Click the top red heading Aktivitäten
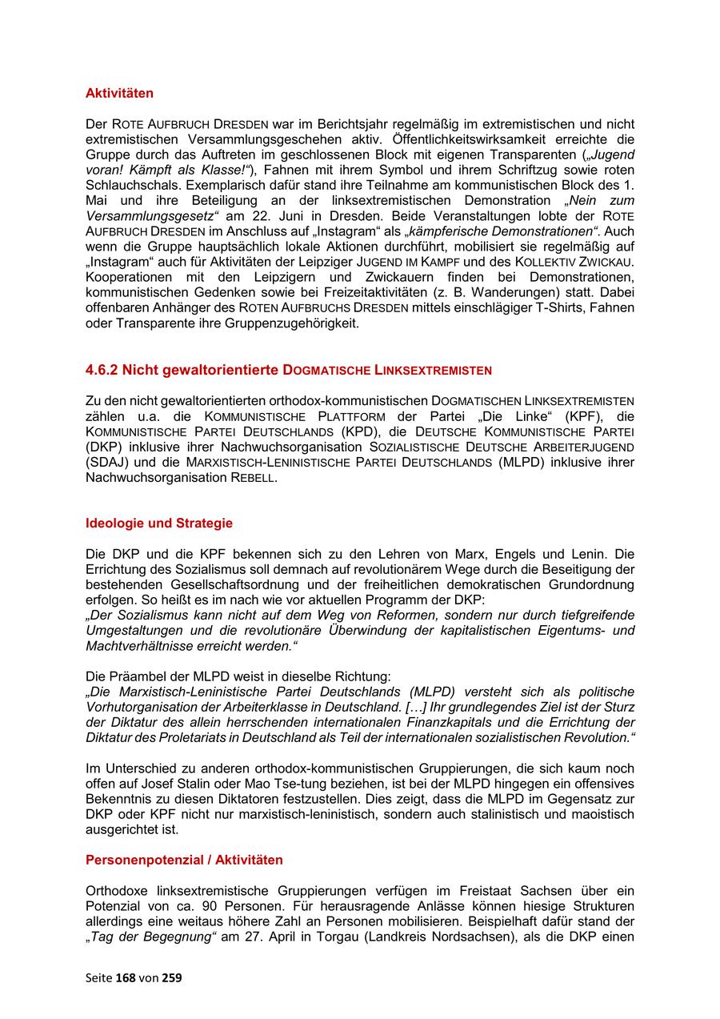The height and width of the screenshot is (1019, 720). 119,94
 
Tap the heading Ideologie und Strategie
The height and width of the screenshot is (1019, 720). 158,524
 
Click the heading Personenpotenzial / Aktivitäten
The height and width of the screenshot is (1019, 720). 184,861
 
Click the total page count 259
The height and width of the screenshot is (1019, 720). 172,977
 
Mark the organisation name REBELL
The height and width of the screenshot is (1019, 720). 253,477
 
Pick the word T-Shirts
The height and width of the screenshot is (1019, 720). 562,308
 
